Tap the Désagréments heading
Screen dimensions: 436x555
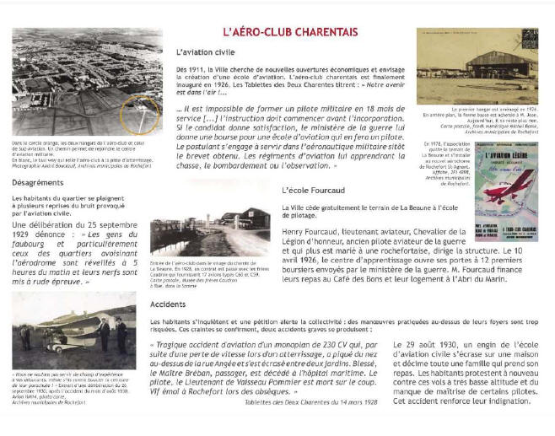[38, 182]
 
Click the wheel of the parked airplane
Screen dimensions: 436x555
[58, 354]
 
